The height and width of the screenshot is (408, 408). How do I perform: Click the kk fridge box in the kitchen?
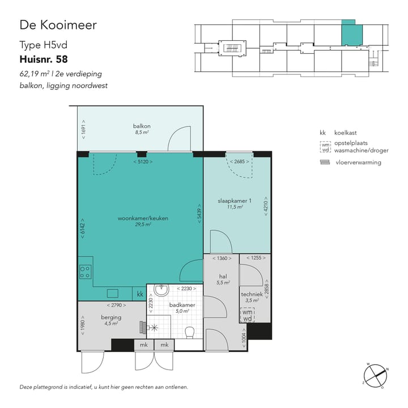tap(140, 294)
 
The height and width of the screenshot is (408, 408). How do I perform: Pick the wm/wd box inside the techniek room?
tap(247, 315)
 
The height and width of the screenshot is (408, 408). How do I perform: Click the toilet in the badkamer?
tap(190, 331)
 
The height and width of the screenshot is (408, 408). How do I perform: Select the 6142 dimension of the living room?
tap(83, 227)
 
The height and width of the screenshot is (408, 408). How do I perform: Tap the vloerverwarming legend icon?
tap(325, 162)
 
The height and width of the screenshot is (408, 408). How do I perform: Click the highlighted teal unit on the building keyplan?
tap(351, 35)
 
